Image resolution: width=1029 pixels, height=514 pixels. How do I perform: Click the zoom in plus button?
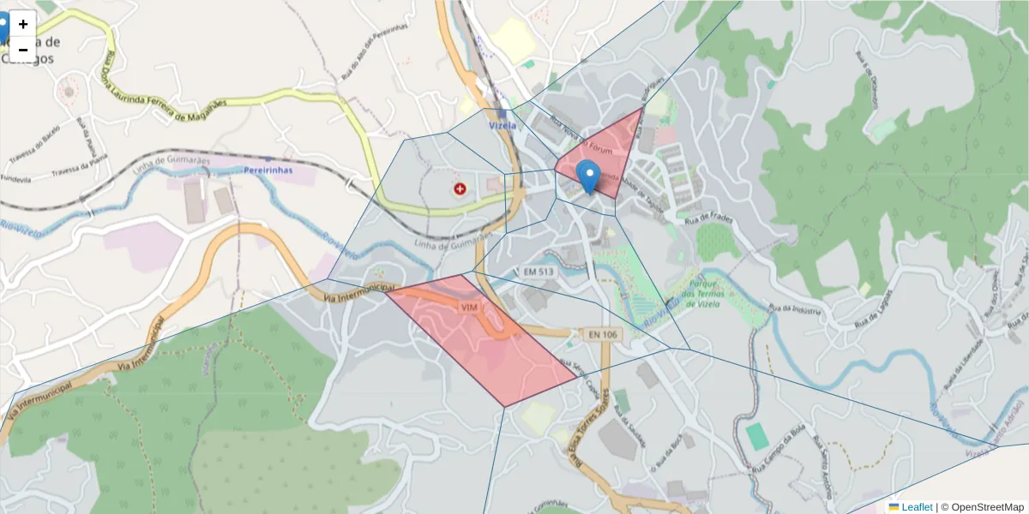(23, 24)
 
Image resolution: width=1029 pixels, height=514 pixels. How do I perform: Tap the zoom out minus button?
(23, 50)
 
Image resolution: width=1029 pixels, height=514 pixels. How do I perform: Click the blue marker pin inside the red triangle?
(587, 175)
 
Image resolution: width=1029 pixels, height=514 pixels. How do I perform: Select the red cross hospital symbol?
(460, 188)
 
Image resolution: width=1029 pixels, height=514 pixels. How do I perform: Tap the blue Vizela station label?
(502, 125)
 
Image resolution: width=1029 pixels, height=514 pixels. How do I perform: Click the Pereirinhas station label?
(268, 170)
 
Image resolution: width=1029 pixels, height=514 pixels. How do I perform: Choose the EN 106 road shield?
(604, 334)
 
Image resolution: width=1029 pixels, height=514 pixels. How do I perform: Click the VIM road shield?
(468, 307)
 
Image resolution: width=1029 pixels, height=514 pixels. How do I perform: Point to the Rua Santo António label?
(825, 467)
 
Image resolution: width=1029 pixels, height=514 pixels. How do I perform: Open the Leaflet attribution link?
(916, 507)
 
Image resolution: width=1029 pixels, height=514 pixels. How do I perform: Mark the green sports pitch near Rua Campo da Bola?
(757, 436)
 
